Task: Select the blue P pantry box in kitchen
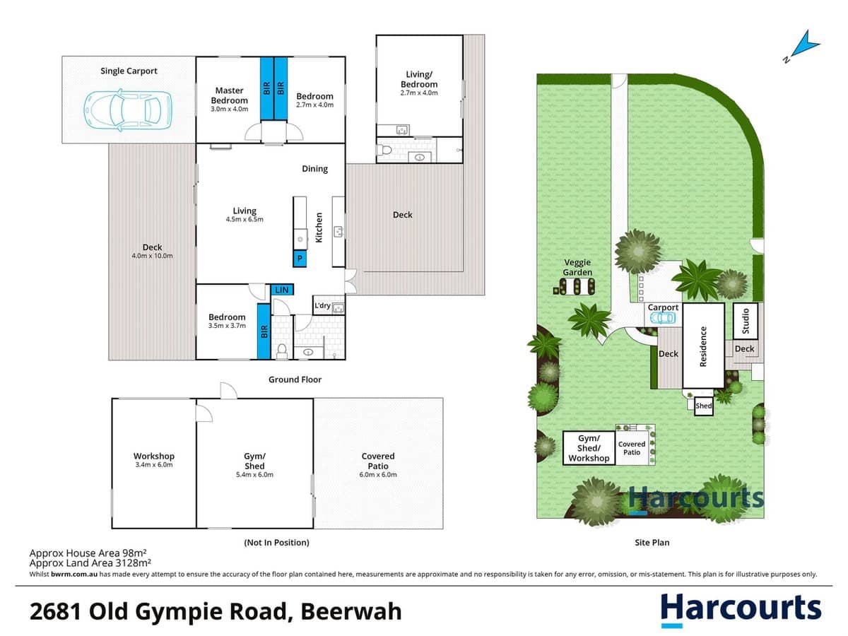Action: [x=300, y=259]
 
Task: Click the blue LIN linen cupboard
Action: [x=281, y=290]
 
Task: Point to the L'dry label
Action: [x=322, y=305]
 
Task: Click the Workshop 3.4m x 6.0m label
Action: [x=153, y=460]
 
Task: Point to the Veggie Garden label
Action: [x=577, y=267]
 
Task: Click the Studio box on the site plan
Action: [x=746, y=320]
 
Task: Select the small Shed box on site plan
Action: [x=704, y=406]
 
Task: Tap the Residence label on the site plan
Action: [x=703, y=346]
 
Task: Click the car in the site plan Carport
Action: [x=662, y=318]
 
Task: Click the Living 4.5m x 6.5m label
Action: [x=245, y=215]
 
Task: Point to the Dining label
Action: [x=314, y=169]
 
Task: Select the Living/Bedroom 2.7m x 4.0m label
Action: [x=419, y=83]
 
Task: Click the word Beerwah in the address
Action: [x=351, y=610]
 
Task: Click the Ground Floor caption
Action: [x=295, y=379]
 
